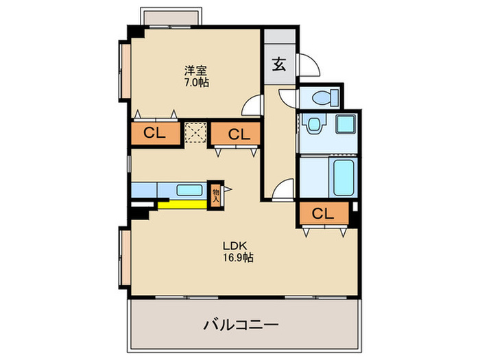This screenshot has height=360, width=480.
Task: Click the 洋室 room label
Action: [x=195, y=70]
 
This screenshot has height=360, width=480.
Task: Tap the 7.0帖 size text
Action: [x=195, y=82]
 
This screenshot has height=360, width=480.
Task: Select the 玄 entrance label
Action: [x=279, y=65]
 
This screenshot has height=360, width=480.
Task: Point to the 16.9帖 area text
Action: [x=238, y=259]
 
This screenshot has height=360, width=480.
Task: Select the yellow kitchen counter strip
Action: [x=181, y=204]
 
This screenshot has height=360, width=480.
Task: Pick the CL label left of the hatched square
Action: [x=155, y=134]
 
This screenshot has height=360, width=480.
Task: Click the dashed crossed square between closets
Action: [x=196, y=133]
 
